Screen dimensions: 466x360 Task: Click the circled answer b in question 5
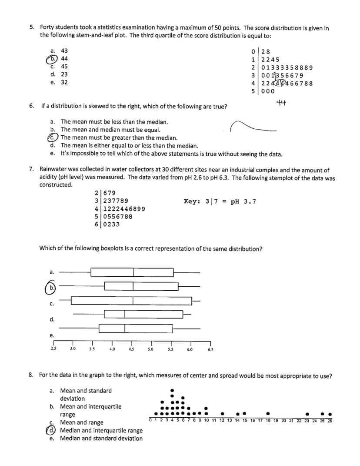pyautogui.click(x=52, y=59)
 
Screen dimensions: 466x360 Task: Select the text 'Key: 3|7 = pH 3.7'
pyautogui.click(x=220, y=201)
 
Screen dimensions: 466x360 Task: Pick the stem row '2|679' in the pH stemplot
pyautogui.click(x=105, y=193)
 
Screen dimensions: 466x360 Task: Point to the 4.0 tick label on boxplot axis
pyautogui.click(x=112, y=349)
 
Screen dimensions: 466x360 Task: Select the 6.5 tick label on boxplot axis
pyautogui.click(x=210, y=349)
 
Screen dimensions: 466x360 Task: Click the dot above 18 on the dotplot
pyautogui.click(x=268, y=413)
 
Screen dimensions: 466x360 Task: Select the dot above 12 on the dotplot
pyautogui.click(x=222, y=413)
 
